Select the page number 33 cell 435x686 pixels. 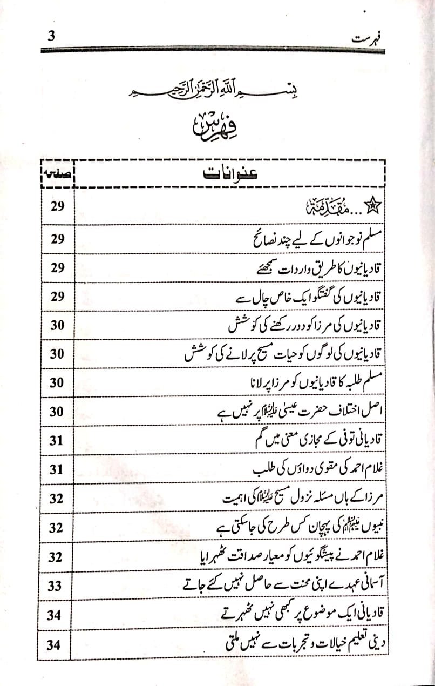[x=55, y=586]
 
